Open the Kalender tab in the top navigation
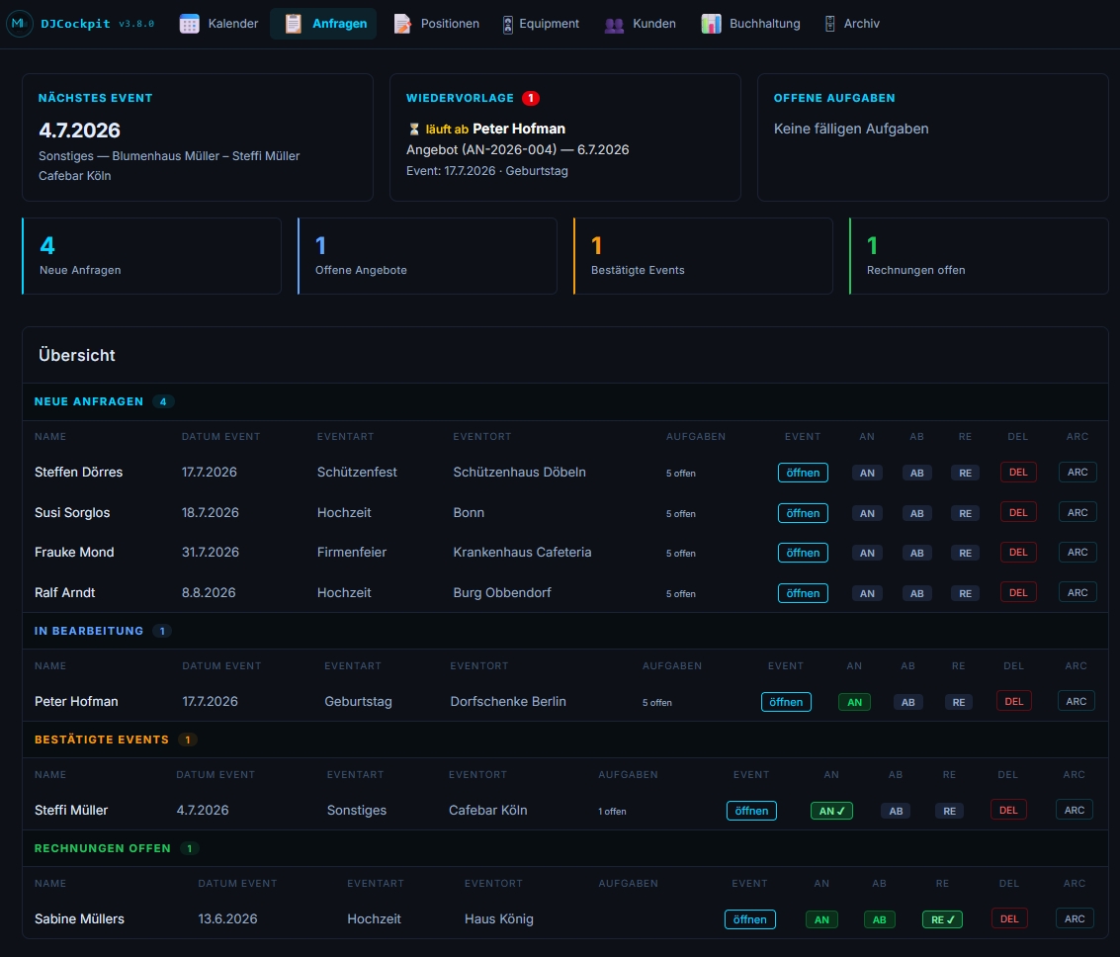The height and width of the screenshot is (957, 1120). pos(218,24)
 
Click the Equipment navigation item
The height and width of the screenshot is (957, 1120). pos(541,24)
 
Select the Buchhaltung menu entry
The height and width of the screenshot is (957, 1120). pos(750,24)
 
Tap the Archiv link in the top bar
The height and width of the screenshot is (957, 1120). pos(851,24)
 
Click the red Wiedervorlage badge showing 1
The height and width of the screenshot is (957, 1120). pos(531,98)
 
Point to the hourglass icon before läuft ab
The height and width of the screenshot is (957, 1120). pos(413,130)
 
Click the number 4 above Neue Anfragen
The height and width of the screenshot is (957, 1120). pos(47,246)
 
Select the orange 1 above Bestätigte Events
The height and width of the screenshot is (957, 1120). pos(596,246)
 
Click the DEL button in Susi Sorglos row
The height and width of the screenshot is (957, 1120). pos(1018,513)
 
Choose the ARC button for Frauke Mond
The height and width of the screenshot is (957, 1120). pos(1077,552)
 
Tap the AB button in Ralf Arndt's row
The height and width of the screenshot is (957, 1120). pos(916,593)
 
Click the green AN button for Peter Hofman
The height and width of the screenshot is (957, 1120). pos(854,702)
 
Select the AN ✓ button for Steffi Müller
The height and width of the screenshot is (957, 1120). pos(831,811)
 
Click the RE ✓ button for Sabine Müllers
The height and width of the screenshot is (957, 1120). pos(942,919)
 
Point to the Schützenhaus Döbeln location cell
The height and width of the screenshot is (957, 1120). pos(519,472)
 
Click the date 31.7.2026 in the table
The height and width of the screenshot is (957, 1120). pos(210,552)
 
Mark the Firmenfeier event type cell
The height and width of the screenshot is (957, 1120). pos(352,552)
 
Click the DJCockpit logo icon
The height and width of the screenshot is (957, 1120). pos(20,24)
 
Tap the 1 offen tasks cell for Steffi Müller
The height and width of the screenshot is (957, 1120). pos(612,812)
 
